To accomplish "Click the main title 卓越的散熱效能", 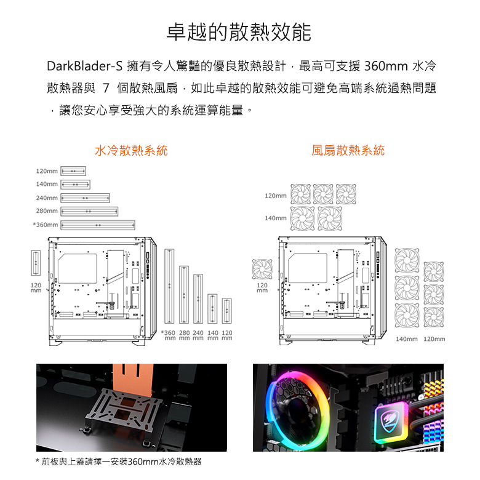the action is [239, 32].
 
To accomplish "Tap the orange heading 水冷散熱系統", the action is [131, 151].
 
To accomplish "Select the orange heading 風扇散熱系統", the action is [348, 151].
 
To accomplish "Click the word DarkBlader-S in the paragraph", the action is [84, 66].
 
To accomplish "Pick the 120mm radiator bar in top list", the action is [73, 171].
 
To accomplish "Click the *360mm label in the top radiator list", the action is [46, 225].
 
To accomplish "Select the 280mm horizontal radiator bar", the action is [89, 212].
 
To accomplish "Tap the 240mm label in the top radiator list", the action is [47, 198].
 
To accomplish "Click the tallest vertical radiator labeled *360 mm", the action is [169, 286].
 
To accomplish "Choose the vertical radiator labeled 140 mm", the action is [212, 309].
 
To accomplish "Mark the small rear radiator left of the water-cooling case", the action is [36, 263].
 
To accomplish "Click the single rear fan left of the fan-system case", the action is [262, 269].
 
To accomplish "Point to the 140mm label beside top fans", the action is [276, 218].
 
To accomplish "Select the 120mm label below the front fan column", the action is [434, 339].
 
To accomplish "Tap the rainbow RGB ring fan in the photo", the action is [295, 411].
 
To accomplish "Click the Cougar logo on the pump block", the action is [390, 419].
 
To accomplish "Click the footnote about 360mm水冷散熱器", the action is [119, 462].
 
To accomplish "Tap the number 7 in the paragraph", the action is [106, 88].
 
